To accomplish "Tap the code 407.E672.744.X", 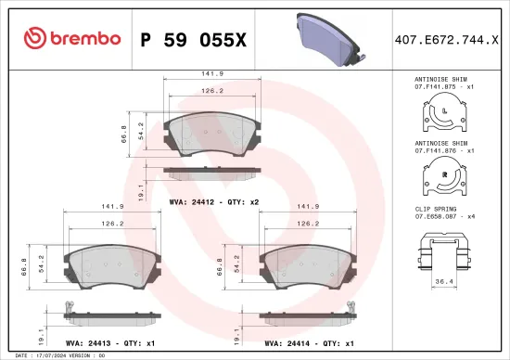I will pyautogui.click(x=445, y=39).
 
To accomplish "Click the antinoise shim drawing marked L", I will pyautogui.click(x=445, y=115).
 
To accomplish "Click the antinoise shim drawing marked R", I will pyautogui.click(x=445, y=174).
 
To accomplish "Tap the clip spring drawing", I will pyautogui.click(x=445, y=249).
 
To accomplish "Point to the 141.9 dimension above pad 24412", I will pyautogui.click(x=212, y=75).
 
